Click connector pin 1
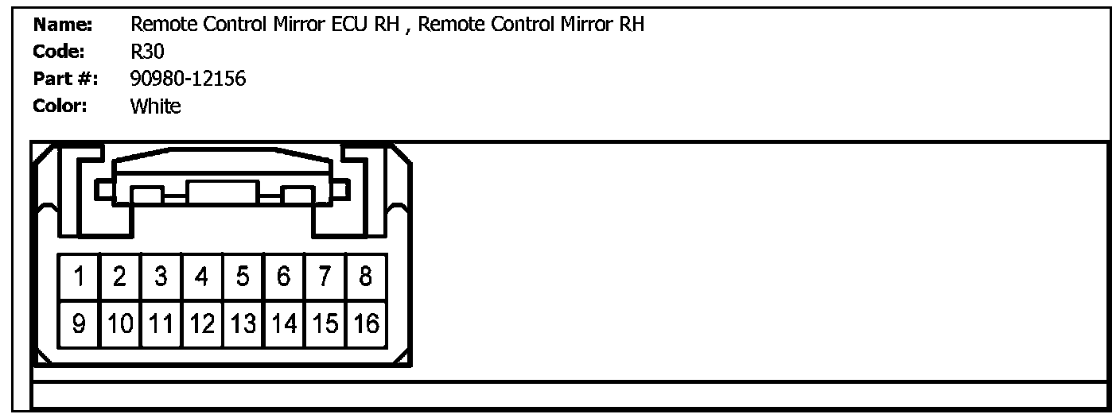click(80, 277)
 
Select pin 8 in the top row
click(366, 277)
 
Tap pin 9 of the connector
click(80, 324)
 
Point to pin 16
click(366, 324)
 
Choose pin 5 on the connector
click(243, 277)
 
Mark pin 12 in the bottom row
click(202, 324)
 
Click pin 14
click(284, 324)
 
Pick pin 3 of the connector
click(161, 277)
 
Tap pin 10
click(120, 324)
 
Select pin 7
click(325, 277)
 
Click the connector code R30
click(147, 52)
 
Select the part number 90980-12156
click(188, 79)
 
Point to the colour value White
click(155, 106)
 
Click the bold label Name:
click(64, 25)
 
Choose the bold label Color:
click(60, 106)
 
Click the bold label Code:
click(60, 52)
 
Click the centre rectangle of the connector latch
click(223, 192)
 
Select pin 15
click(325, 324)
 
